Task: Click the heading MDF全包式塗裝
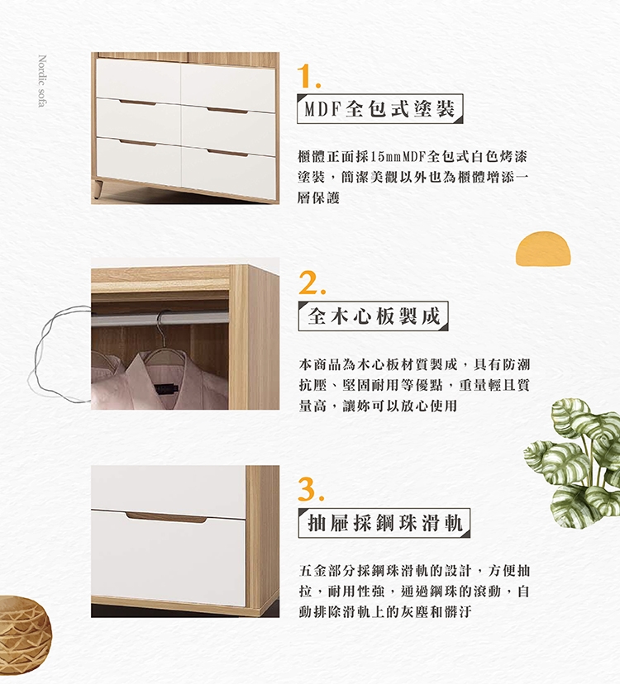pos(379,108)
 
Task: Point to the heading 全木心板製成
pos(374,316)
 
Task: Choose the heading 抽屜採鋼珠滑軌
pos(384,523)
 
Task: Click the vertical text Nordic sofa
pos(42,81)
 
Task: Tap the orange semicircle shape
pos(543,249)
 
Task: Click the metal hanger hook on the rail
pos(162,323)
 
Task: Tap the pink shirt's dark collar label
pos(167,387)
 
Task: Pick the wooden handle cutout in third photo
pos(166,517)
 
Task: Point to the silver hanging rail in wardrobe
pos(160,318)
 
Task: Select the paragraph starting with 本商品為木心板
pos(414,385)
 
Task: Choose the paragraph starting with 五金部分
pos(414,591)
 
